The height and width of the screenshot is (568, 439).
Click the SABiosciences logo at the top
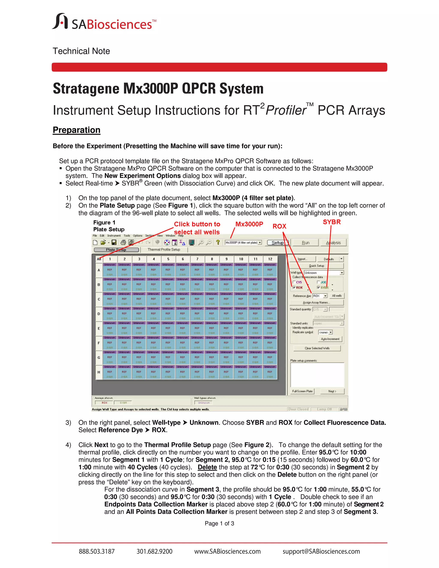point(104,22)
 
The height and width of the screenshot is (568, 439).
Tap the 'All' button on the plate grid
point(99,259)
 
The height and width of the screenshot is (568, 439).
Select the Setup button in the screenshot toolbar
point(278,243)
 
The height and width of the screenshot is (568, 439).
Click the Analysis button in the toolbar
point(333,243)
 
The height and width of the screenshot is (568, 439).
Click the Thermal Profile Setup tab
point(164,250)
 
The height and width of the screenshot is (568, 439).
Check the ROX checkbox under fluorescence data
point(294,287)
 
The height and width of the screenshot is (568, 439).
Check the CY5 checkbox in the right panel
point(294,282)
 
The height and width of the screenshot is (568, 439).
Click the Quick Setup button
point(317,266)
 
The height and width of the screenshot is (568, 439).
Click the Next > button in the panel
point(332,391)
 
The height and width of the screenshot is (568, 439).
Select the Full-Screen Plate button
point(302,391)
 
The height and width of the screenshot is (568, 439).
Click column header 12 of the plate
point(270,259)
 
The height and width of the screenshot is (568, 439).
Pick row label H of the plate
point(99,372)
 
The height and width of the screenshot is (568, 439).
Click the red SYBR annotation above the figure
point(332,222)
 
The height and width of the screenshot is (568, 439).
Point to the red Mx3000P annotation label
point(249,224)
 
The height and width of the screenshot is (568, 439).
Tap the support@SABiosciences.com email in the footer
point(321,551)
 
